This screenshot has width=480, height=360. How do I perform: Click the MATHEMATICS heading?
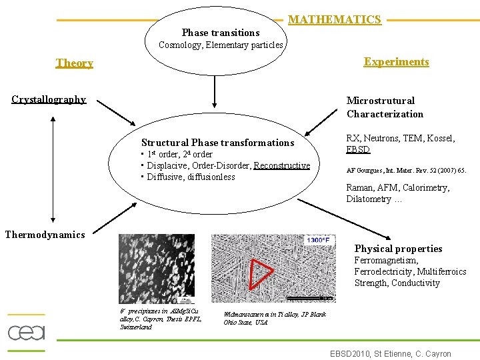pos(335,20)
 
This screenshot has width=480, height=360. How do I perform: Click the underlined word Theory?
pos(75,63)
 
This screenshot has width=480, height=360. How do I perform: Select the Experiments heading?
pos(396,62)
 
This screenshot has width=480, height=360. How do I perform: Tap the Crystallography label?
pos(49,99)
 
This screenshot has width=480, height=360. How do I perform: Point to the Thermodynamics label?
pos(45,235)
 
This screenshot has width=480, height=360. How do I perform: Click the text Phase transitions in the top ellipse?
pos(221,33)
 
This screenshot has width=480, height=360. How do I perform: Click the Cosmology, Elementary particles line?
pos(221,45)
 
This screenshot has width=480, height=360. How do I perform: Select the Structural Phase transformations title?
pos(217,143)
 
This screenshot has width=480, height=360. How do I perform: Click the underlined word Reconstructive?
pos(282,165)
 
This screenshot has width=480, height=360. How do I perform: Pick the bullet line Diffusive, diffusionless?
pos(191,177)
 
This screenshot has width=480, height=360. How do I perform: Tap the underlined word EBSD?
pos(358,149)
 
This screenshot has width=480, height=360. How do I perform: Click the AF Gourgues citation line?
pos(406,170)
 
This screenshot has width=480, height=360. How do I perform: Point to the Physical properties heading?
pos(398,249)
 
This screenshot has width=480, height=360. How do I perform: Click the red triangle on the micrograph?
pos(259,274)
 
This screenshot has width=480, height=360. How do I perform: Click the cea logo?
pos(26,331)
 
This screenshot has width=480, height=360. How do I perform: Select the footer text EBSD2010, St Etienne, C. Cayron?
pos(391,353)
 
